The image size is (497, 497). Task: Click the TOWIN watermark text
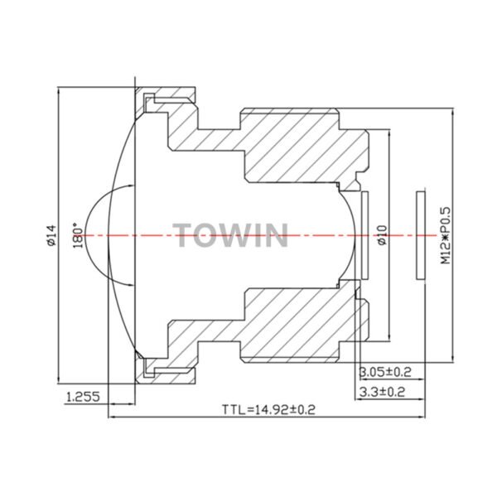[x=230, y=235]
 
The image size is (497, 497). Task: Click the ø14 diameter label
[x=51, y=235]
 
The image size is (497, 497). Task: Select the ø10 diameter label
[x=383, y=235]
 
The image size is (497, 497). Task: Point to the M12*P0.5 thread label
[x=446, y=235]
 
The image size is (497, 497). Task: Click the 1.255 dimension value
[x=83, y=396]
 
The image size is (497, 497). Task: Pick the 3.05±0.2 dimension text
[x=385, y=371]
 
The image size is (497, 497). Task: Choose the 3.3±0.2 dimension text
[x=382, y=393]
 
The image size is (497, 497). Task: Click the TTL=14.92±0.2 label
[x=268, y=409]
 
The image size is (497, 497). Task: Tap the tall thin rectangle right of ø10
[x=421, y=235]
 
